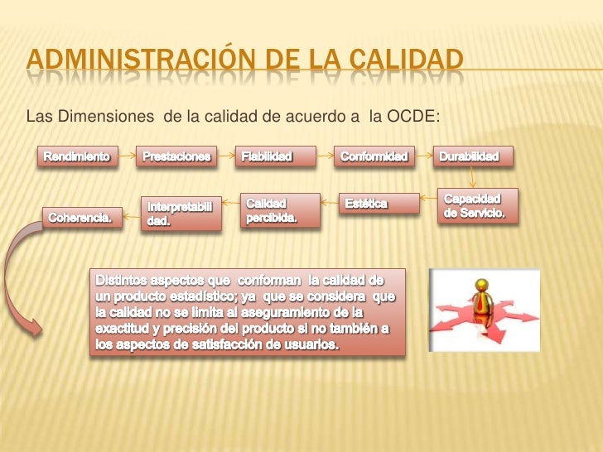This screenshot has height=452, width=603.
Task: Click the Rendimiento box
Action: (76, 156)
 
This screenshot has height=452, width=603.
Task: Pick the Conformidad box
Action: (374, 156)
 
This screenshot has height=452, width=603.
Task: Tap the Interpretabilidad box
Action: (181, 214)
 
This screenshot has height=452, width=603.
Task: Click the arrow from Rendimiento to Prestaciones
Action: (126, 156)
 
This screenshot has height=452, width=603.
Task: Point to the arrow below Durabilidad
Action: (473, 176)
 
